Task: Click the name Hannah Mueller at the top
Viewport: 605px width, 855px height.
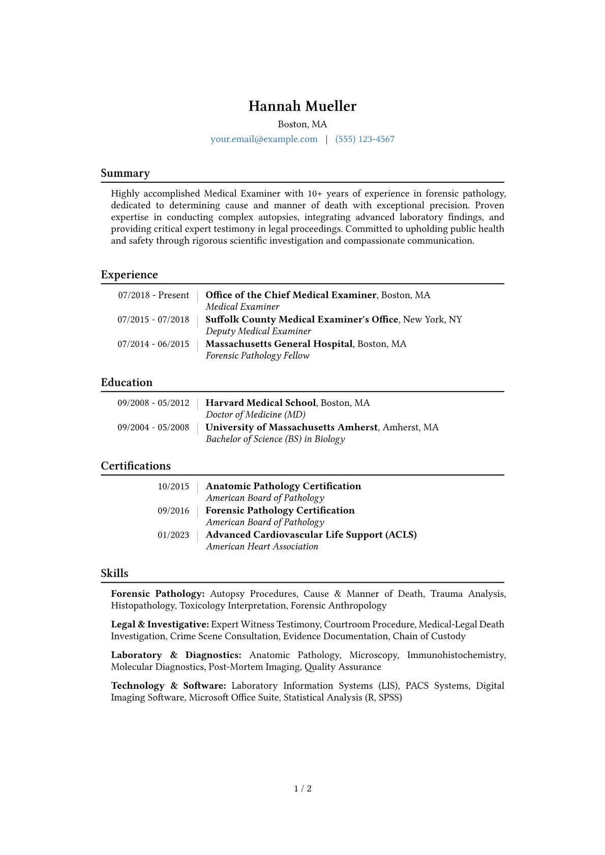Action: click(302, 106)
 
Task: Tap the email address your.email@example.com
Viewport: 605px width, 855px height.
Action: click(264, 139)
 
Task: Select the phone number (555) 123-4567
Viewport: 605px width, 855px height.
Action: click(365, 139)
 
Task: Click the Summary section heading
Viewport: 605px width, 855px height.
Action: click(125, 173)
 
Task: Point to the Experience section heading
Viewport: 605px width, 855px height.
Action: click(129, 275)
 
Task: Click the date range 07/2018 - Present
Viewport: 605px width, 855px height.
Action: click(153, 295)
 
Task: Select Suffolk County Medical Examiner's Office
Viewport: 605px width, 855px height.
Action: click(301, 320)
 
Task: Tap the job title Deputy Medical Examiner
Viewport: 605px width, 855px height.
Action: click(258, 331)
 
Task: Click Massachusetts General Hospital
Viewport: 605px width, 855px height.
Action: click(279, 344)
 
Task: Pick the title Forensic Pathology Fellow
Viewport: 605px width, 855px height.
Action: click(257, 356)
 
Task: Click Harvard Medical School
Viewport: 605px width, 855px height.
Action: click(260, 403)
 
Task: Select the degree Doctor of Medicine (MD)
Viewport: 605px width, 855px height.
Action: click(255, 415)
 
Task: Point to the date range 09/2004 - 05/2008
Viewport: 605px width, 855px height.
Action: click(153, 427)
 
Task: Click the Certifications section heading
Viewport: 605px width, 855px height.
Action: click(136, 466)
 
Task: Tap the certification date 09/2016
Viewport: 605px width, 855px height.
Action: click(173, 511)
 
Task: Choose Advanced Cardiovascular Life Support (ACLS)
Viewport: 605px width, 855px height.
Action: click(311, 534)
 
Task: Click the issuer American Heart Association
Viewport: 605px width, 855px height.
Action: click(262, 547)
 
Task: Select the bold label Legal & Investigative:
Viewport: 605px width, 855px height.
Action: click(160, 624)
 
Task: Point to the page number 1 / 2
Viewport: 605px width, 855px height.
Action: click(302, 788)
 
